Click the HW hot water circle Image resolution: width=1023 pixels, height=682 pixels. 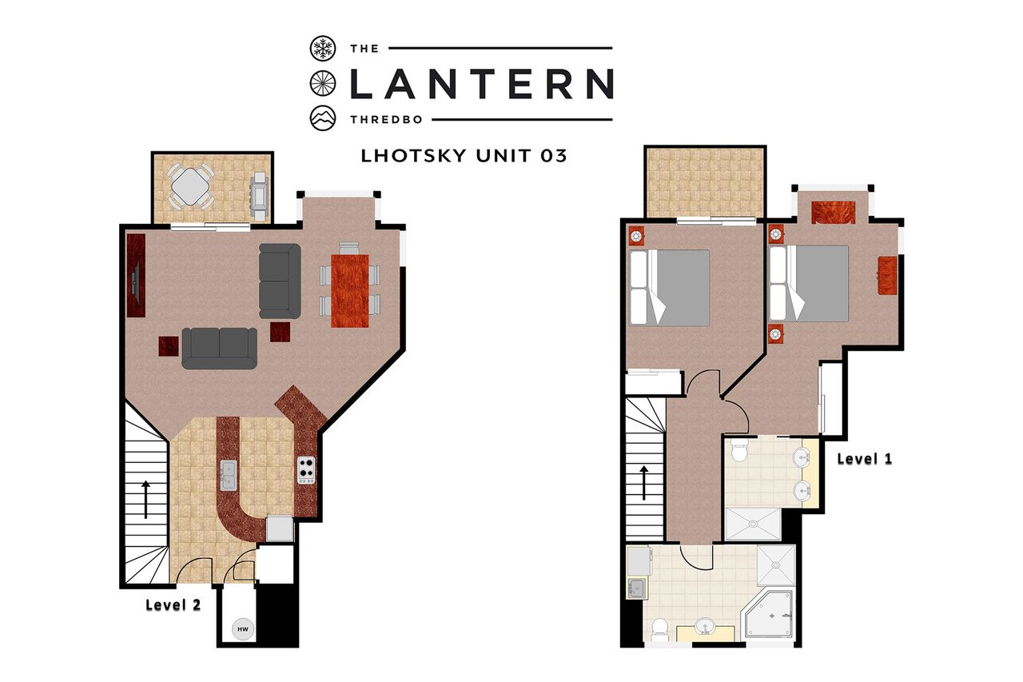click(x=243, y=629)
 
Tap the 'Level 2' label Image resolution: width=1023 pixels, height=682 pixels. click(x=173, y=604)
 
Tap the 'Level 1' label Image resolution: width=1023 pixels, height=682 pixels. click(x=865, y=459)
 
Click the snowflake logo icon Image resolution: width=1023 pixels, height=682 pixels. click(x=323, y=48)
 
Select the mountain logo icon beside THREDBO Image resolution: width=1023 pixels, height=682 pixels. click(x=323, y=118)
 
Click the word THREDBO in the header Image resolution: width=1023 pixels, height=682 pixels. click(x=386, y=120)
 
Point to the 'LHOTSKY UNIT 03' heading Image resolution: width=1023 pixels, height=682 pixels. click(x=464, y=156)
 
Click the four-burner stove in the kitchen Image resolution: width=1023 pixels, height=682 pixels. click(x=306, y=470)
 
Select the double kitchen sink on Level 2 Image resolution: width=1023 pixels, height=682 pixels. click(x=229, y=475)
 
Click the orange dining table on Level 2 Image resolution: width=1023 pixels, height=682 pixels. click(x=350, y=291)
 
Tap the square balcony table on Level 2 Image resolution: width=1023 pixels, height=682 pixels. click(x=189, y=186)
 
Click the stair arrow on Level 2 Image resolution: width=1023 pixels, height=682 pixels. click(x=145, y=499)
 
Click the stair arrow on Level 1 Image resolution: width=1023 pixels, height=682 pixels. click(x=644, y=482)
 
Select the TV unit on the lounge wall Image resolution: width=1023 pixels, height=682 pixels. click(x=136, y=276)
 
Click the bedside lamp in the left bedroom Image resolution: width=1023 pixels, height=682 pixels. click(x=636, y=237)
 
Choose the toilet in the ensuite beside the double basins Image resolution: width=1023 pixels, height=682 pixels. click(x=738, y=450)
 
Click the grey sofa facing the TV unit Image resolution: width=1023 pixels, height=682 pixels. click(x=280, y=281)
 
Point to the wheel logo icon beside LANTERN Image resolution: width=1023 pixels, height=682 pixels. click(x=323, y=84)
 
